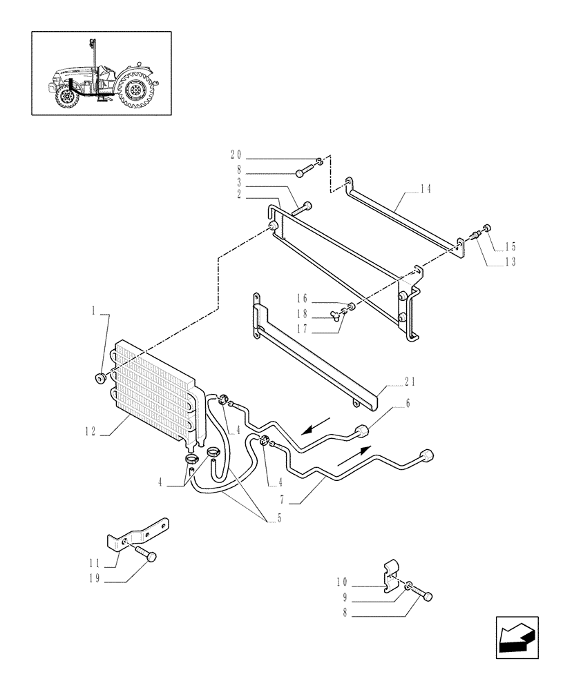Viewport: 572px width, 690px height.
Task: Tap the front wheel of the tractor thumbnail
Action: pyautogui.click(x=67, y=96)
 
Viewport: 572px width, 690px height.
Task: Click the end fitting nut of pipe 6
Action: pyautogui.click(x=361, y=433)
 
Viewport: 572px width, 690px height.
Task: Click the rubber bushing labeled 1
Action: pyautogui.click(x=100, y=377)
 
